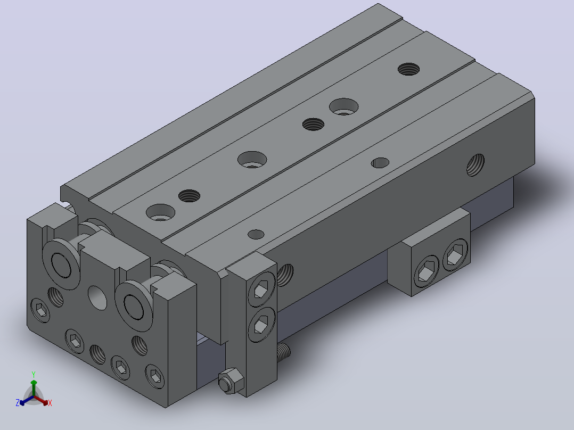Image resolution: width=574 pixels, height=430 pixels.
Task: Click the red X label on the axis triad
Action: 50,403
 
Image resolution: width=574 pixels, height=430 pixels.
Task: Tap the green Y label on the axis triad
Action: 34,374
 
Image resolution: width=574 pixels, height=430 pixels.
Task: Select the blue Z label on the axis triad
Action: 18,403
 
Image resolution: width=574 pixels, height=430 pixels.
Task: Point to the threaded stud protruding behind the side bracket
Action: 284,352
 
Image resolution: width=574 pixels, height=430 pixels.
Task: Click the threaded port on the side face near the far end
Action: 475,164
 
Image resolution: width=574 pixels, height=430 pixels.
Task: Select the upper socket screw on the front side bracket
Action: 262,290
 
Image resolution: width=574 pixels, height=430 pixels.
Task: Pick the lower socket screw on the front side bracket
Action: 261,325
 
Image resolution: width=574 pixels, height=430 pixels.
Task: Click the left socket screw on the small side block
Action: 427,271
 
